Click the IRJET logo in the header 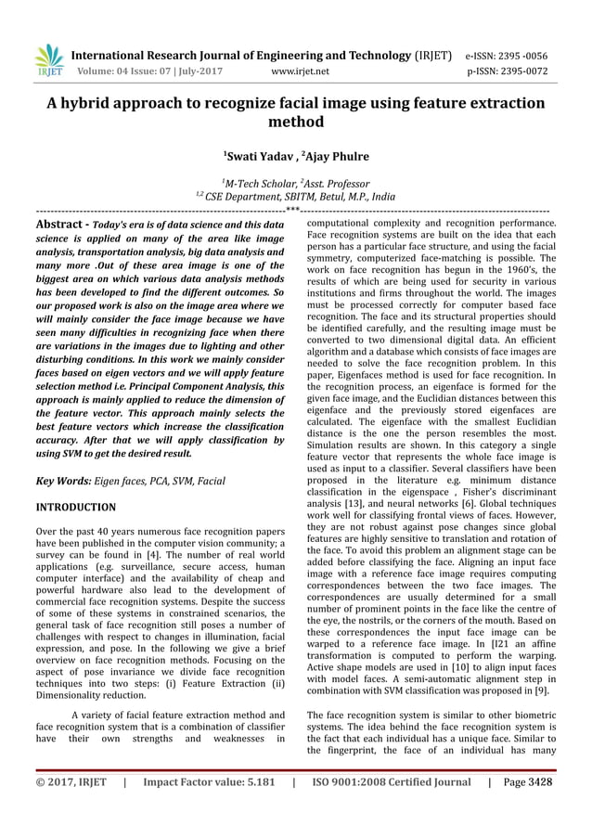click(47, 59)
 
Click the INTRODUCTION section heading click(75, 508)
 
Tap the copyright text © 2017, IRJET click(71, 808)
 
